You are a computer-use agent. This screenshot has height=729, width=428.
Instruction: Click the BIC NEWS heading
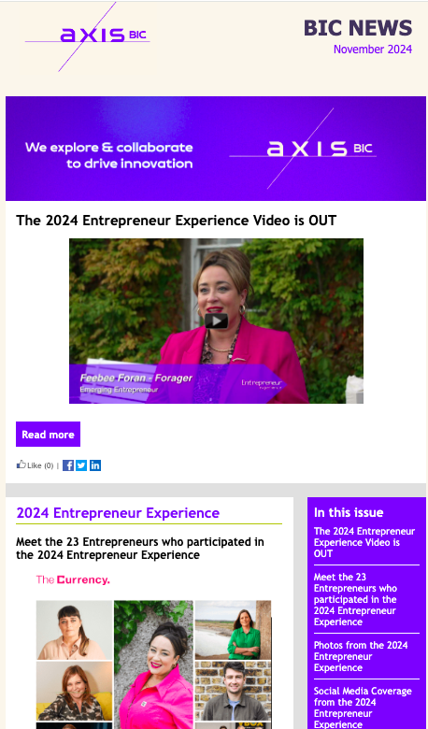(358, 28)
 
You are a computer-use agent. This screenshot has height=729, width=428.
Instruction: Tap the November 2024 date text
(373, 50)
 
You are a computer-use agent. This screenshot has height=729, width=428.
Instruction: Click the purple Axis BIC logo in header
(87, 36)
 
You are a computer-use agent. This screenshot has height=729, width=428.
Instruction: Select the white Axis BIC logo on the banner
(303, 149)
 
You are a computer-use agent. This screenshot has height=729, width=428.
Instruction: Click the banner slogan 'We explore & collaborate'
(108, 148)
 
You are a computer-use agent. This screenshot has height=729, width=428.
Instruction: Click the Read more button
(48, 435)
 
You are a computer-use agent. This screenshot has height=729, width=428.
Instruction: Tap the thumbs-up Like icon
(21, 464)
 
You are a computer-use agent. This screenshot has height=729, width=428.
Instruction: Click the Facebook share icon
(68, 465)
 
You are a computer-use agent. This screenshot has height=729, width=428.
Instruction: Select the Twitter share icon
(81, 465)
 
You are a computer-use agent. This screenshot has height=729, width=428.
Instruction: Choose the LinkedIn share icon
(95, 465)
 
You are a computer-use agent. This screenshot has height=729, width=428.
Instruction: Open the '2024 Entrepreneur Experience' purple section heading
(118, 513)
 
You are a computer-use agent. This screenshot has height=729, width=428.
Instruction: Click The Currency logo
(73, 579)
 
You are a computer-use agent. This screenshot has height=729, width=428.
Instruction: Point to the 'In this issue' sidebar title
(349, 512)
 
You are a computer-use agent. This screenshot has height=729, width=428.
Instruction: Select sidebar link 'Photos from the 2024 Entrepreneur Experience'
(361, 656)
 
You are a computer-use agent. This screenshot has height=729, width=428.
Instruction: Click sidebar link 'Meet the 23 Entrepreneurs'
(355, 599)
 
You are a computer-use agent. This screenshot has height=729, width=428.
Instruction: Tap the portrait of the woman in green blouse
(233, 630)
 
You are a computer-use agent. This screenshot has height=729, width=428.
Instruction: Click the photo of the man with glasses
(233, 691)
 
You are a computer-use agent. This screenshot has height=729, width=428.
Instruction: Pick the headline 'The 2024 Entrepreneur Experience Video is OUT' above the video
(176, 221)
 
